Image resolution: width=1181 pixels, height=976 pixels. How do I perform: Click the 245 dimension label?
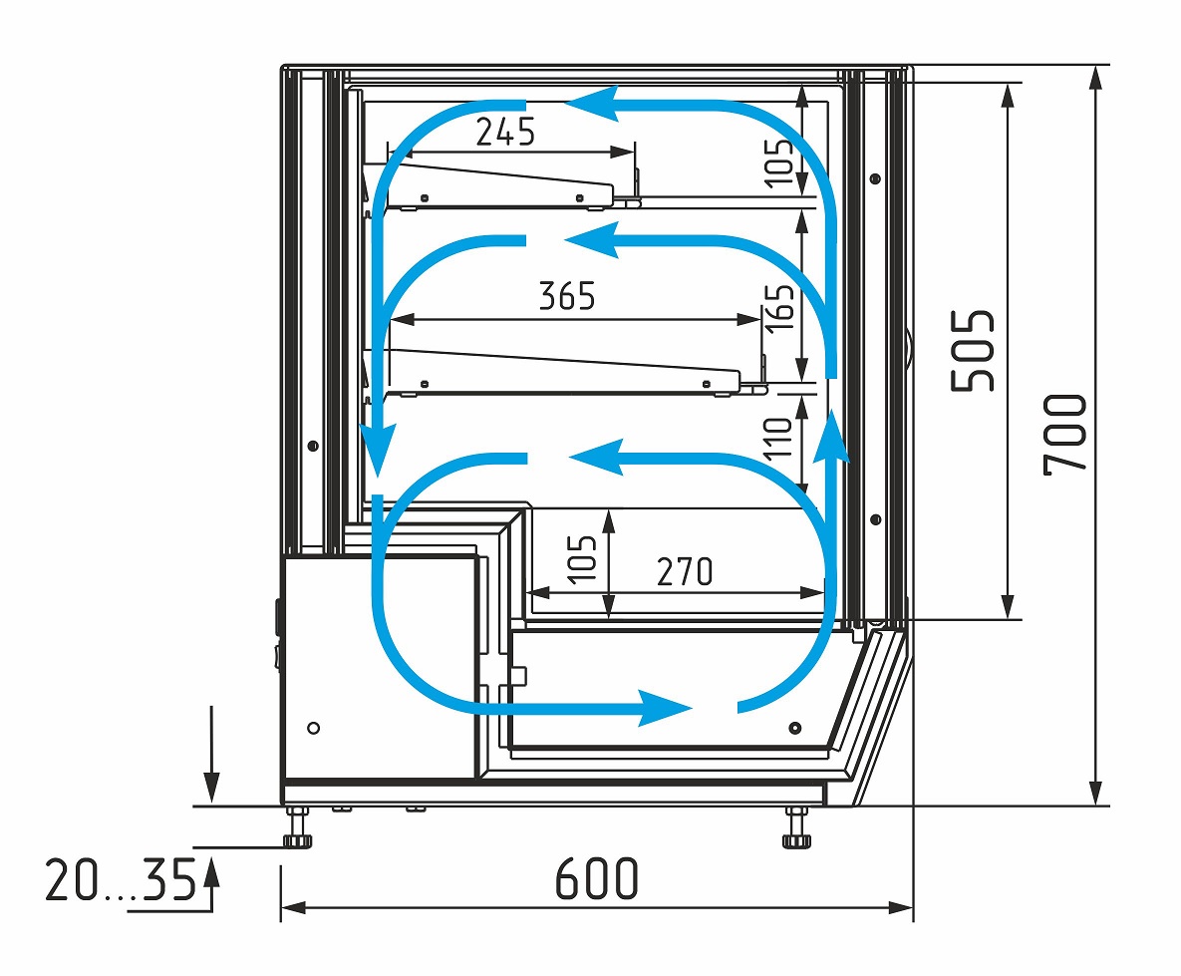(x=505, y=133)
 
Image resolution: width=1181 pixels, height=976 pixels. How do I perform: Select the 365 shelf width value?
(x=567, y=296)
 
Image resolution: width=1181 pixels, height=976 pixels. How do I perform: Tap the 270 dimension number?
(x=685, y=572)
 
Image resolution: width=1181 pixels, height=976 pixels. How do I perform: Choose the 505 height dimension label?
(x=973, y=351)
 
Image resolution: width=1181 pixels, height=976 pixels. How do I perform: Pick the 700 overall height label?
(x=1065, y=435)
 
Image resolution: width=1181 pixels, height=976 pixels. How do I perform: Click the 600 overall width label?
(x=597, y=878)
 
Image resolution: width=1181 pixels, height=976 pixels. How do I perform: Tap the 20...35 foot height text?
(x=121, y=879)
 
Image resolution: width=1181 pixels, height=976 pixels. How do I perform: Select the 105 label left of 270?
(x=581, y=559)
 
